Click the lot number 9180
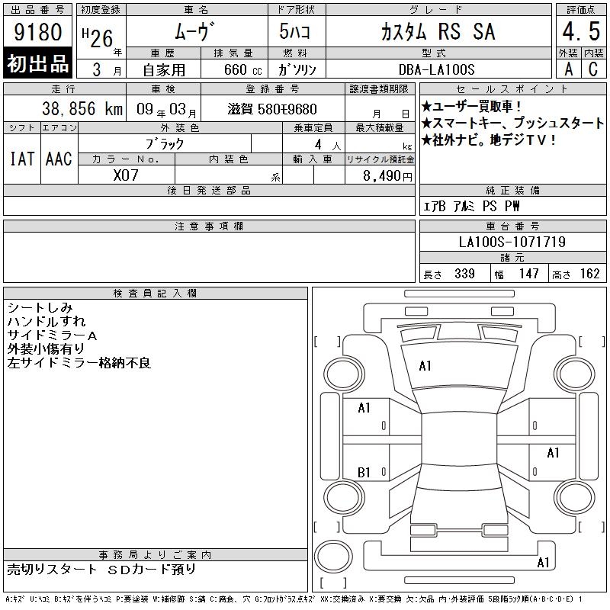(x=37, y=31)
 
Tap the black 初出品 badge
(x=37, y=63)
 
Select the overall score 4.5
(x=581, y=31)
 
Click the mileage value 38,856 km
(x=82, y=108)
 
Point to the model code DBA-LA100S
(x=436, y=69)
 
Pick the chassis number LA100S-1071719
(x=512, y=242)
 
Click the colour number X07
(x=126, y=175)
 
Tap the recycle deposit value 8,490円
(x=387, y=176)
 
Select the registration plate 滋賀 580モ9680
(x=272, y=109)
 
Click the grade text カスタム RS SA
(x=438, y=31)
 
